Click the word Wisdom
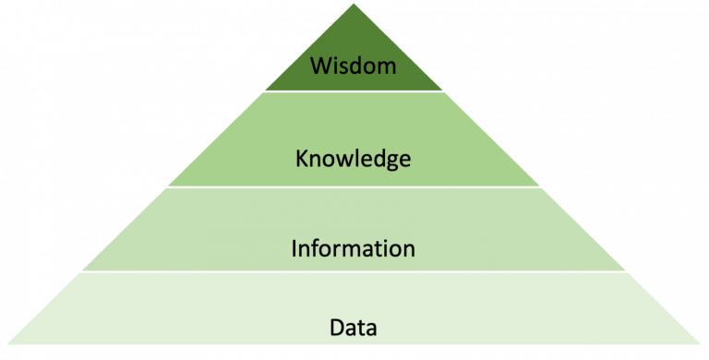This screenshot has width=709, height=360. pyautogui.click(x=354, y=66)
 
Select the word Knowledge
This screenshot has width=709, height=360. pyautogui.click(x=354, y=160)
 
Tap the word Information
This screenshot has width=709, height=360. pyautogui.click(x=354, y=248)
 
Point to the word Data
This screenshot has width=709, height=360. pyautogui.click(x=354, y=327)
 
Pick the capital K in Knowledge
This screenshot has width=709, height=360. pyautogui.click(x=301, y=159)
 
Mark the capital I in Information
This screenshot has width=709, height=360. pyautogui.click(x=294, y=248)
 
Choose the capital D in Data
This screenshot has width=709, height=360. pyautogui.click(x=334, y=327)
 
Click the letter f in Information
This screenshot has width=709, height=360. pyautogui.click(x=314, y=247)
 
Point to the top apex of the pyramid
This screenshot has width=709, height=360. pyautogui.click(x=354, y=3)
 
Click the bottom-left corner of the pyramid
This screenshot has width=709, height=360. pyautogui.click(x=3, y=355)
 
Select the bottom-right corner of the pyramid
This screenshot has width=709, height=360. pyautogui.click(x=705, y=355)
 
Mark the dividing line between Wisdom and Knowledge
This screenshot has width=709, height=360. pyautogui.click(x=354, y=90)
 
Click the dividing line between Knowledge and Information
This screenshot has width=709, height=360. pyautogui.click(x=354, y=186)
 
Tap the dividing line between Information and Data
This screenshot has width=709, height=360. pyautogui.click(x=354, y=272)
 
